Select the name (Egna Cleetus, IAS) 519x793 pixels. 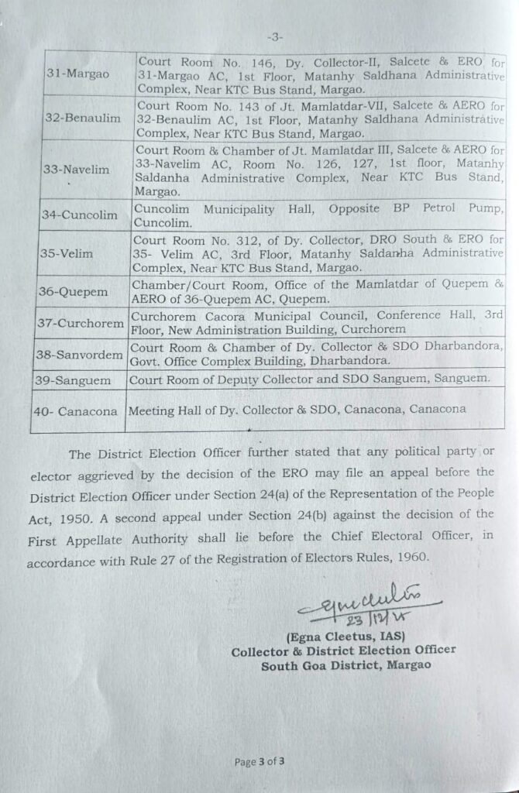(339, 637)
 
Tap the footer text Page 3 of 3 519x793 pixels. (260, 761)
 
